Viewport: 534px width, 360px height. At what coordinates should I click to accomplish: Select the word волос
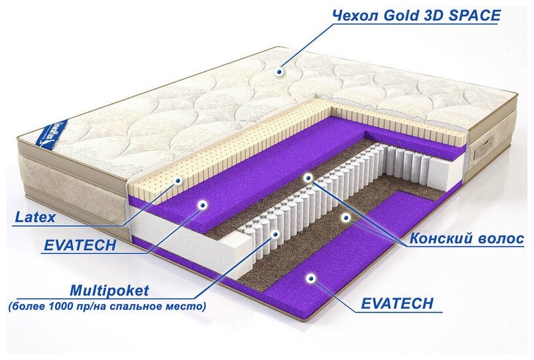501,240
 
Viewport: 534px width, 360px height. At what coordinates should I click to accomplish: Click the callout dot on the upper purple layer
203,205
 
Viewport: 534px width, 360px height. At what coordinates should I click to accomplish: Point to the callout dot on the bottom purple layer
311,278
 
